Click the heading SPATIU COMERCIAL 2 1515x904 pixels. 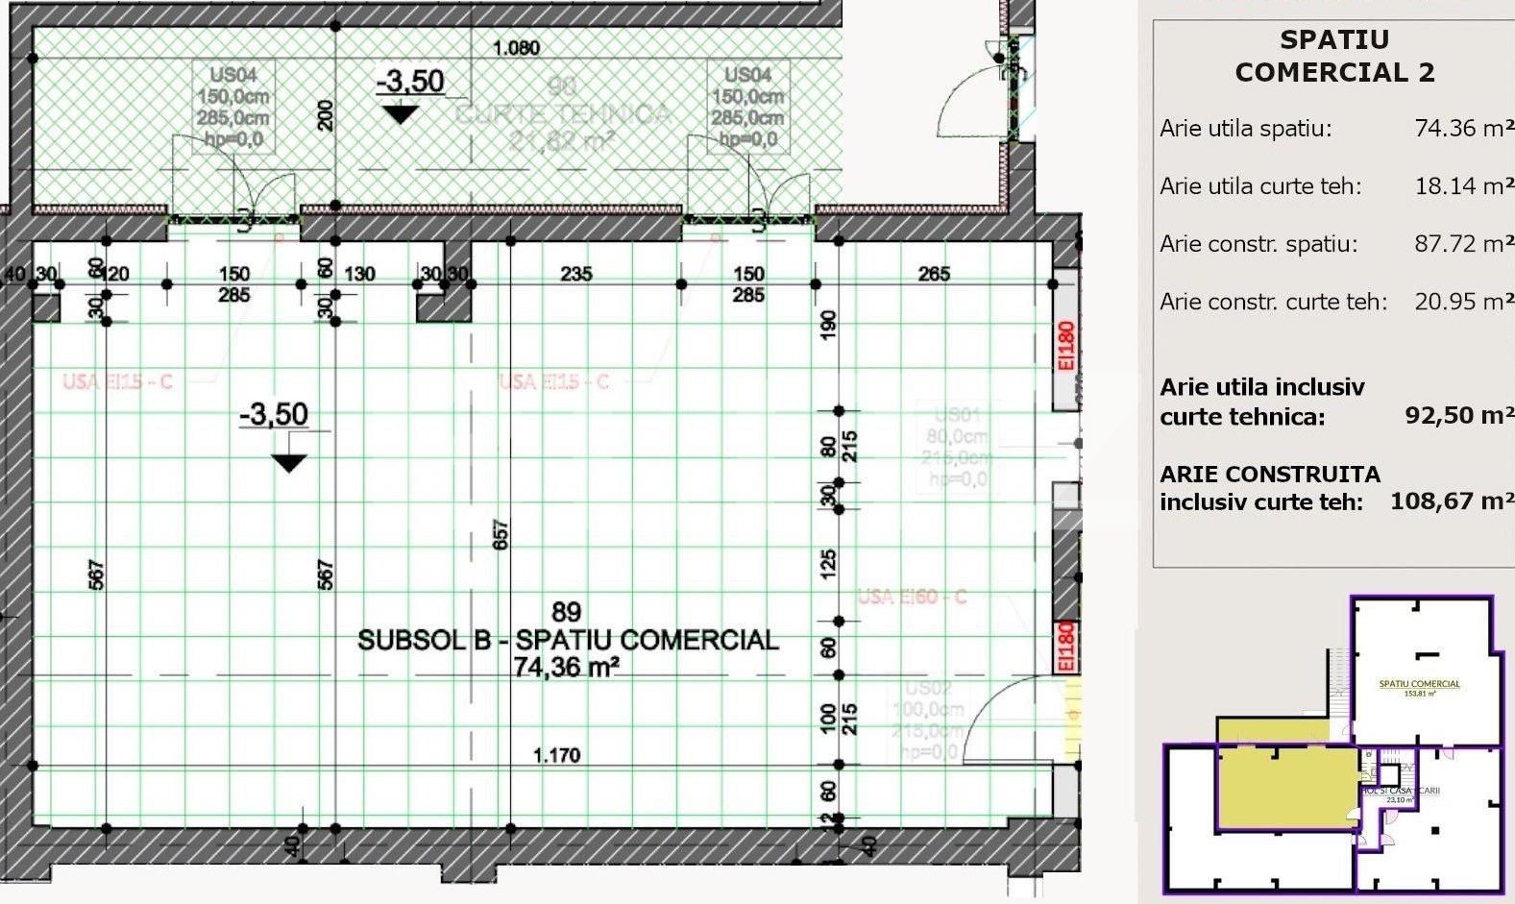tap(1334, 56)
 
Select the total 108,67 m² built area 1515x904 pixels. tap(1452, 501)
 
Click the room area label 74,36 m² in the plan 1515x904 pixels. tap(566, 667)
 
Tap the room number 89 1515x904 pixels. tap(566, 612)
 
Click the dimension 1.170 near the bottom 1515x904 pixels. tap(557, 755)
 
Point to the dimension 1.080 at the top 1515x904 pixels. tap(517, 48)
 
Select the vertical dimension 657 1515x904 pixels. tap(501, 535)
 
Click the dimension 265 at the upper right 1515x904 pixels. tap(933, 275)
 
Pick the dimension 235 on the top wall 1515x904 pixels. tap(576, 275)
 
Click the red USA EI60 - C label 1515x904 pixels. tap(912, 597)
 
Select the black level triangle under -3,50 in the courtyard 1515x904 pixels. tap(400, 114)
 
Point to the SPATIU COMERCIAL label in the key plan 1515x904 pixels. tap(1419, 684)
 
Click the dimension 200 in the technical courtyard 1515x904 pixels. tap(325, 115)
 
